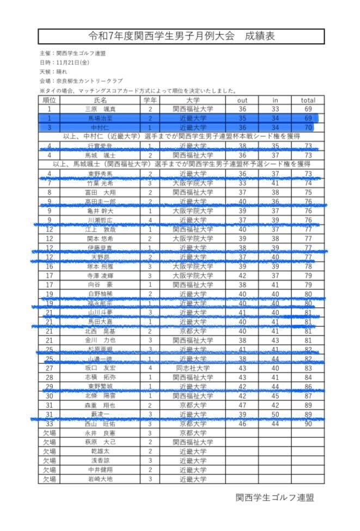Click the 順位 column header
(x=49, y=100)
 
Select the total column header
(x=308, y=100)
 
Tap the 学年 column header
(x=150, y=100)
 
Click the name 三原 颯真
(x=101, y=109)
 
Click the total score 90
(x=308, y=423)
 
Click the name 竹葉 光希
(x=101, y=183)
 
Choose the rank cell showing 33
(x=49, y=423)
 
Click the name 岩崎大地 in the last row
(x=101, y=479)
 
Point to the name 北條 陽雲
(x=101, y=396)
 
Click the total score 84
(x=308, y=377)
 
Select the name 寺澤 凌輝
(x=101, y=275)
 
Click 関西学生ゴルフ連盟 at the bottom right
(x=274, y=497)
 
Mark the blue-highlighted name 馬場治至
(x=101, y=118)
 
